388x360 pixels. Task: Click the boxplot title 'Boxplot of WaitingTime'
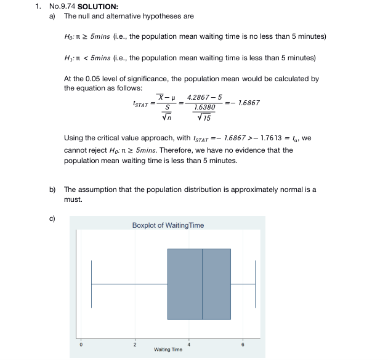point(168,225)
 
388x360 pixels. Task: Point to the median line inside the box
point(203,284)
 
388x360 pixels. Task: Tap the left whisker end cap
point(92,284)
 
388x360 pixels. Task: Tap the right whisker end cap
point(255,284)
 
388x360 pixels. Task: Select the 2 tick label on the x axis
point(134,343)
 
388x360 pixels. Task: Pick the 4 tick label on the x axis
point(189,343)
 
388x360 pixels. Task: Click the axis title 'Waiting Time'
point(168,350)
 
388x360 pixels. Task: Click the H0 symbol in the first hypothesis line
point(68,37)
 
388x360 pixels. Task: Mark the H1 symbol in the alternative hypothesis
point(68,58)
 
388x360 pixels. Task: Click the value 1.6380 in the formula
point(204,107)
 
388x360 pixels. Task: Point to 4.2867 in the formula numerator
point(196,97)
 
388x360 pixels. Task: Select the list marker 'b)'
point(53,190)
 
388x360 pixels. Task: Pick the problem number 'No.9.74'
point(62,7)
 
